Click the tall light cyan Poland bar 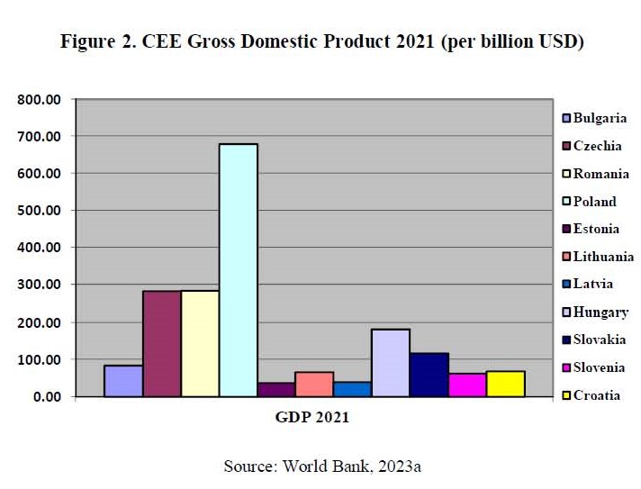[238, 270]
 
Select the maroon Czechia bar [161, 343]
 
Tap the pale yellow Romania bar [200, 343]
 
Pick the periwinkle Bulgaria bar [123, 380]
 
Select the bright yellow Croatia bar [505, 384]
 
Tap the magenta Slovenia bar [467, 385]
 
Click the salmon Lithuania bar [314, 384]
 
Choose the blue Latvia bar [352, 389]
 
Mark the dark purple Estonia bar [276, 389]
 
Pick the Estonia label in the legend [596, 229]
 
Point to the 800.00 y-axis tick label [40, 99]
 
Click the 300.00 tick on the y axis [40, 285]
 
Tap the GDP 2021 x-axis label [312, 418]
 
